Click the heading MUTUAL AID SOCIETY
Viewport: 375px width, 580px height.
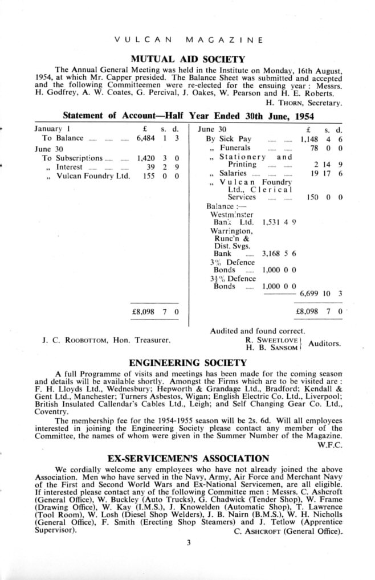(x=187, y=59)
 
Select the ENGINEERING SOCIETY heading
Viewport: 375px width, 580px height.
(x=187, y=362)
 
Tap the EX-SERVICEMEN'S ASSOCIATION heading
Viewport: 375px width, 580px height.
(x=187, y=458)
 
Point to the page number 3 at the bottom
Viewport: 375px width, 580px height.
(x=187, y=543)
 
